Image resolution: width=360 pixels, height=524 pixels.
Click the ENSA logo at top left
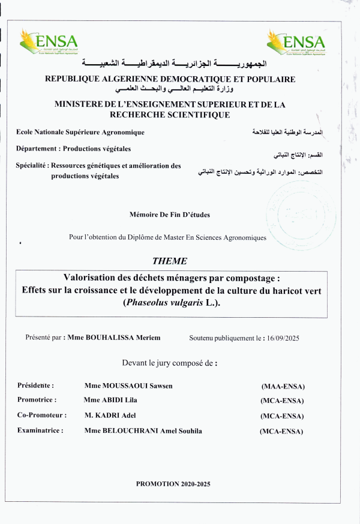click(x=49, y=41)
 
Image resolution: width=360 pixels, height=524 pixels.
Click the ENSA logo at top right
click(x=296, y=41)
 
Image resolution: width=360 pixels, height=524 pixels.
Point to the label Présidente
click(x=36, y=386)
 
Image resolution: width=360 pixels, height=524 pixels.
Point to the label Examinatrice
click(x=40, y=430)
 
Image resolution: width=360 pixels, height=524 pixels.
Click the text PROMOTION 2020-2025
click(x=173, y=483)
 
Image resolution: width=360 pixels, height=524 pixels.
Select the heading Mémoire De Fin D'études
click(x=170, y=215)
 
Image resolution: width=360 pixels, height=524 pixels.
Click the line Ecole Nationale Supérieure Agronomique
click(x=80, y=132)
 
